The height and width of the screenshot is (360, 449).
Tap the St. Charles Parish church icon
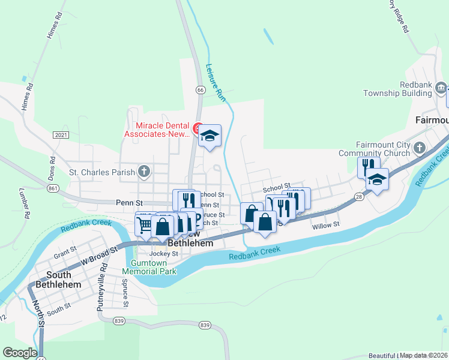click(x=143, y=172)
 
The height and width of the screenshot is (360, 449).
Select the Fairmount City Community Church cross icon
click(x=420, y=148)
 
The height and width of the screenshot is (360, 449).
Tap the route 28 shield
click(x=358, y=196)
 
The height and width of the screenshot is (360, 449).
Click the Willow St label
click(x=326, y=224)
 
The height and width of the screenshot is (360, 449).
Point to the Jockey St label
click(x=163, y=254)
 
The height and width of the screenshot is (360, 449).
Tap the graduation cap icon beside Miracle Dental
click(x=209, y=136)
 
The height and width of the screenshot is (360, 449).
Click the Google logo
click(x=20, y=353)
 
